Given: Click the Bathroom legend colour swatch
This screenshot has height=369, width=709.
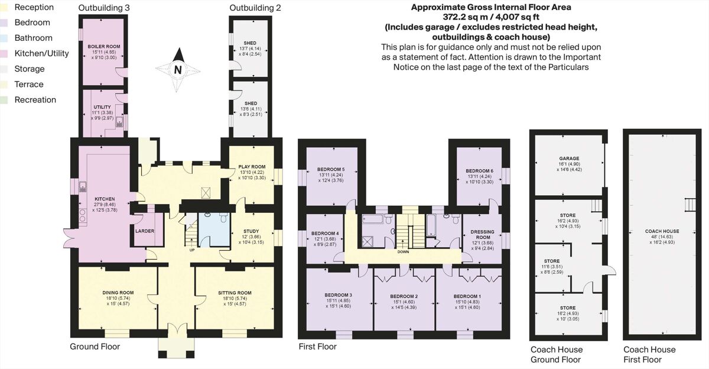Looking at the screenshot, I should pos(6,38).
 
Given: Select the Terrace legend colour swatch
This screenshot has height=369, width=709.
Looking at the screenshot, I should pos(6,84).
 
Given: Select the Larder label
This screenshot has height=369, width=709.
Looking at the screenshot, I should pos(145,231).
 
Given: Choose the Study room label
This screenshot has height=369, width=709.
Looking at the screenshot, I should pos(251,231).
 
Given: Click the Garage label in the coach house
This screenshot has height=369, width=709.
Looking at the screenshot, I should pos(568,158).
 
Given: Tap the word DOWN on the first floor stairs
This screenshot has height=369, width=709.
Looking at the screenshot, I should pos(404,251).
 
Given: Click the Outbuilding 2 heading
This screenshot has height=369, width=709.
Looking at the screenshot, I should pos(255,8).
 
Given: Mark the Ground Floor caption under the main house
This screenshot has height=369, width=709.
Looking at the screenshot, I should pos(95,347).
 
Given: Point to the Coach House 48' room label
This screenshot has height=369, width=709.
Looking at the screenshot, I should pos(662,231).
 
